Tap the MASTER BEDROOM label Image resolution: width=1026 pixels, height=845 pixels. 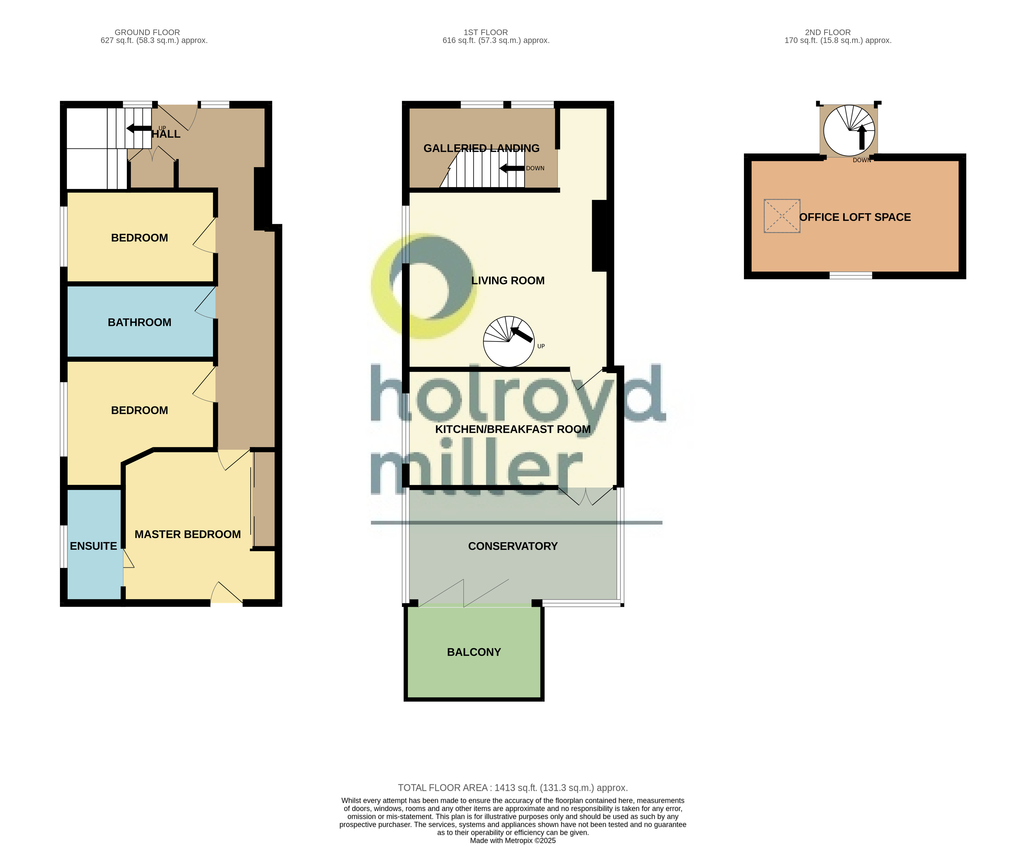pyautogui.click(x=188, y=534)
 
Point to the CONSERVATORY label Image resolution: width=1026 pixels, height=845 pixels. pyautogui.click(x=513, y=546)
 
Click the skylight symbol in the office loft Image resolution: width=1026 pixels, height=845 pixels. pyautogui.click(x=781, y=215)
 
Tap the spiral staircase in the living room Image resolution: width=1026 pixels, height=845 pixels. pyautogui.click(x=508, y=341)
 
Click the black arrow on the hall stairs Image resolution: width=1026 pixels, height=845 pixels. pyautogui.click(x=139, y=128)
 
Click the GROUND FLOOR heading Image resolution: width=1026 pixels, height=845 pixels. pyautogui.click(x=147, y=32)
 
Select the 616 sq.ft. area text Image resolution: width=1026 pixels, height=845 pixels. pyautogui.click(x=496, y=40)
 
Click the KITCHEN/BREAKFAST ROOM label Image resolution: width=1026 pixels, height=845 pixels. pyautogui.click(x=513, y=429)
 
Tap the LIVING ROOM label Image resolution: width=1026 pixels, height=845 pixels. pyautogui.click(x=508, y=280)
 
